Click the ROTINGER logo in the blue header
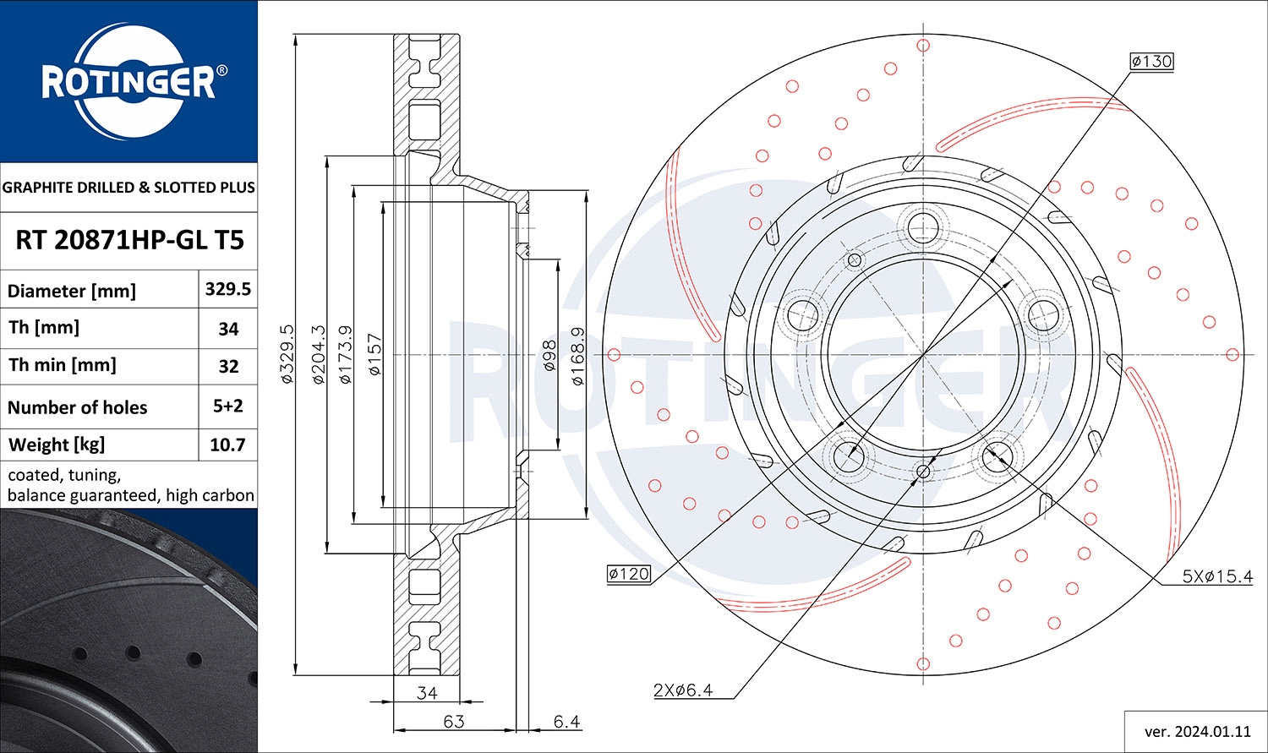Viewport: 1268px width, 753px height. click(128, 82)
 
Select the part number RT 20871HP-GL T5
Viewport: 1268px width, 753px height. click(129, 240)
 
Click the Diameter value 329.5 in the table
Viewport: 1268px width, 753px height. click(227, 289)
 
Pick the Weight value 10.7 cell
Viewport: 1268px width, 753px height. click(227, 445)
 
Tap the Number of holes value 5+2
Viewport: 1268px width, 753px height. click(227, 406)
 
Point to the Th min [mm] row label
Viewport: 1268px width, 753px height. click(63, 365)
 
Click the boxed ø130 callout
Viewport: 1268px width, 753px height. click(1151, 61)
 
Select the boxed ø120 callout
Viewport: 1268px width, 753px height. click(629, 574)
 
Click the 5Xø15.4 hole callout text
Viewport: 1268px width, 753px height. click(1217, 576)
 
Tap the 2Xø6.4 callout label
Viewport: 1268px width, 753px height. click(683, 690)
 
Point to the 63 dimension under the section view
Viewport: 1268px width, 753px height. click(454, 721)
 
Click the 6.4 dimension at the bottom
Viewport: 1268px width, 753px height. click(566, 721)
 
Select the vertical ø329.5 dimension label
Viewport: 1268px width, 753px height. click(287, 354)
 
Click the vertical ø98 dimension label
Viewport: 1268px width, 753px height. click(549, 357)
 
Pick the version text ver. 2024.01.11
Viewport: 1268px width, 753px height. click(1196, 731)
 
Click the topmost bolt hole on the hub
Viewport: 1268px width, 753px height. click(922, 226)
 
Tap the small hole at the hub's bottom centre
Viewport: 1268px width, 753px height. click(923, 472)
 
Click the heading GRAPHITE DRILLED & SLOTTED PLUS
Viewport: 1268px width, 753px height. click(128, 187)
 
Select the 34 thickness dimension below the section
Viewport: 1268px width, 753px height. click(427, 693)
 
